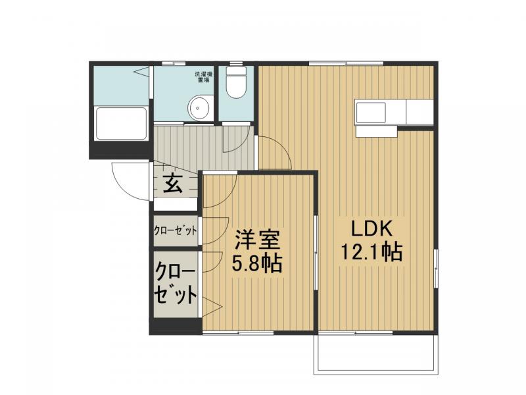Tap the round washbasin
(199, 107)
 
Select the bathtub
(122, 123)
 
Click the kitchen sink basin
(370, 113)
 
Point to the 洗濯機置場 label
(204, 77)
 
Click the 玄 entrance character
(173, 184)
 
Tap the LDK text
(371, 228)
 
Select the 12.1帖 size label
(371, 252)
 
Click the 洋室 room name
(257, 240)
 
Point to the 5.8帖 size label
(257, 263)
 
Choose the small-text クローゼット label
(175, 231)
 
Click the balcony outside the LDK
(375, 354)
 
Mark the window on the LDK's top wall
(346, 63)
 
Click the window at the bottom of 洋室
(238, 333)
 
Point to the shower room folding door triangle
(141, 72)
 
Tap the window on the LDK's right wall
(436, 268)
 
